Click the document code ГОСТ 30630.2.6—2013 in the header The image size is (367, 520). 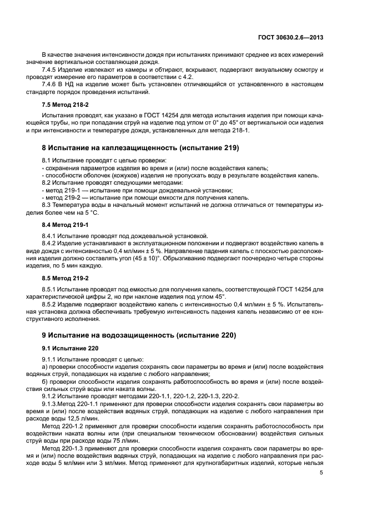pyautogui.click(x=291, y=37)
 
